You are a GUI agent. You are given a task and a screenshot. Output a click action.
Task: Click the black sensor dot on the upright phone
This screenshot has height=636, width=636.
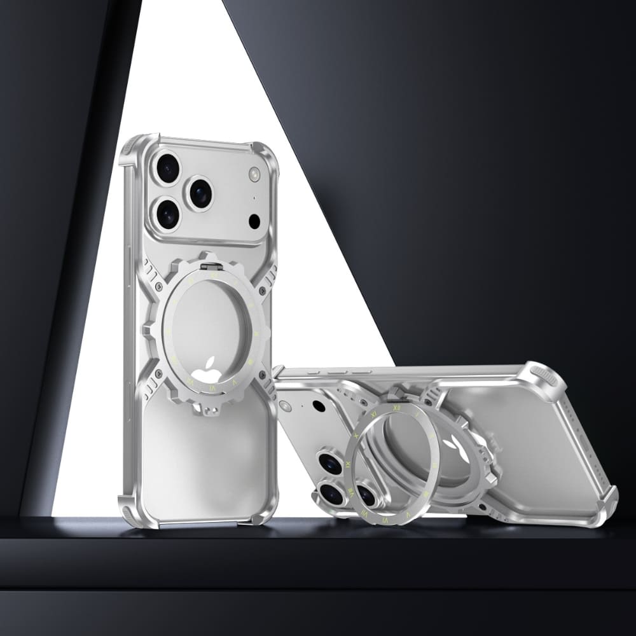pyautogui.click(x=254, y=221)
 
